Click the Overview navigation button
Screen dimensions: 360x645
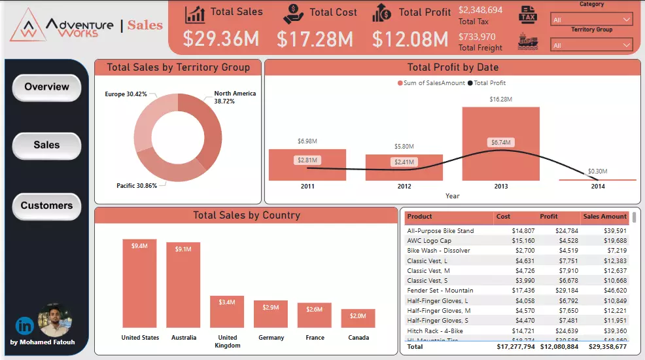(x=46, y=87)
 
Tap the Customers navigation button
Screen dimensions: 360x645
(x=46, y=206)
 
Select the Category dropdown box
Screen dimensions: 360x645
(x=591, y=20)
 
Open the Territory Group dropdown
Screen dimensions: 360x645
(x=591, y=45)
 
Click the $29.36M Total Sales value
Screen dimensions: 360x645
(x=221, y=39)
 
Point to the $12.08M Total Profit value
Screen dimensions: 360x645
(x=410, y=39)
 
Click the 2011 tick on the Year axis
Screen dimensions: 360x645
(x=307, y=187)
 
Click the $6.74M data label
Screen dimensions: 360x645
(x=500, y=142)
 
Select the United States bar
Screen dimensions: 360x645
(x=139, y=283)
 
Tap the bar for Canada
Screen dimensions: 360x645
(x=358, y=318)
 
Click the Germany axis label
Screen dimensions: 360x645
(x=271, y=338)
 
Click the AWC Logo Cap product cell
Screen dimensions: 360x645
(x=429, y=240)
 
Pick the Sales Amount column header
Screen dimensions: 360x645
(x=604, y=217)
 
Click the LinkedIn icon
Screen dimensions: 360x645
(x=25, y=325)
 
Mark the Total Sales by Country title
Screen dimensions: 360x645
(x=247, y=215)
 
